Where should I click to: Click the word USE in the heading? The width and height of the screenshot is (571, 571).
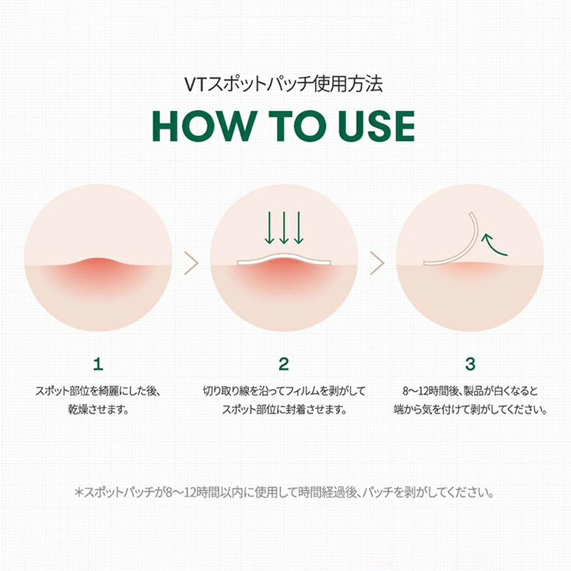376,126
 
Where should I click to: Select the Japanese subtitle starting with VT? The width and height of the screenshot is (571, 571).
283,84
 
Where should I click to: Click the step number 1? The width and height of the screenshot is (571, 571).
98,364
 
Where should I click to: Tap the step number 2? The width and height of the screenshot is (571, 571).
284,364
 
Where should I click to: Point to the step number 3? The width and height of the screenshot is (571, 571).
470,364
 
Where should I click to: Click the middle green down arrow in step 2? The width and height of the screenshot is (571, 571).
284,228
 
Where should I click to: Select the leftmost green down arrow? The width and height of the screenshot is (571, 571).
269,228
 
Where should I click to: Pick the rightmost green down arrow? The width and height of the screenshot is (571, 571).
299,228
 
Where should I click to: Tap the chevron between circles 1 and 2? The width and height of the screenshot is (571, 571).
191,263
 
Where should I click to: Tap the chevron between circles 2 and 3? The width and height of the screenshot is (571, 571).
377,263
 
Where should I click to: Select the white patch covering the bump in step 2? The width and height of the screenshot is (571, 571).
284,258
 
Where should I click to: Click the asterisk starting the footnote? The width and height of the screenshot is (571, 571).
79,493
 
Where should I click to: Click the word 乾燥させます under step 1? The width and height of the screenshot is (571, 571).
98,409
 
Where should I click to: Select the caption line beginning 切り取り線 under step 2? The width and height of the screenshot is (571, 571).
284,391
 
